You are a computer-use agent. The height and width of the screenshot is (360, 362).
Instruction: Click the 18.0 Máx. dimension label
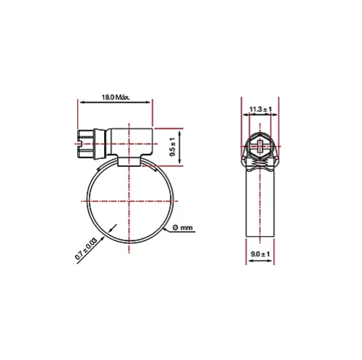point(116,98)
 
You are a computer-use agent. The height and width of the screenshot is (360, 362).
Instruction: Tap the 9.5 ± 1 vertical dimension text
point(173,147)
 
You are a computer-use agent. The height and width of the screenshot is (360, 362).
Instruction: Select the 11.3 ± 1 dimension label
point(260,109)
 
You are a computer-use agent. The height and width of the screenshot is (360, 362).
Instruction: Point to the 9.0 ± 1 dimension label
point(260,254)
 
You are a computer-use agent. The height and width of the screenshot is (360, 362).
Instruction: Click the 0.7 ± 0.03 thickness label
point(86,249)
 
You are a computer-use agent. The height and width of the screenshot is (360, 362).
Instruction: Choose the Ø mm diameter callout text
point(183,228)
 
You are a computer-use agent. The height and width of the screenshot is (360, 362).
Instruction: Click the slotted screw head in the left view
point(85,144)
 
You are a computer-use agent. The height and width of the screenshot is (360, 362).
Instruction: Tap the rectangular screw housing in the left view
point(129,142)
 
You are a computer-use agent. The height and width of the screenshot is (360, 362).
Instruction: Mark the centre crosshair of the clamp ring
point(129,201)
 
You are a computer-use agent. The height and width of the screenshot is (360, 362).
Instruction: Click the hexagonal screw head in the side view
point(260,146)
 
